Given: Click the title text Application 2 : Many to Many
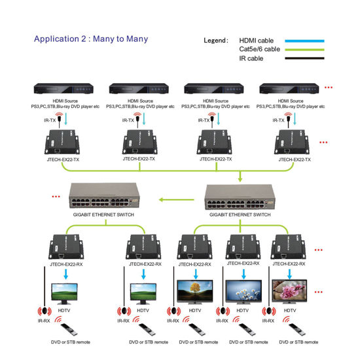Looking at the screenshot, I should point(91,39).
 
